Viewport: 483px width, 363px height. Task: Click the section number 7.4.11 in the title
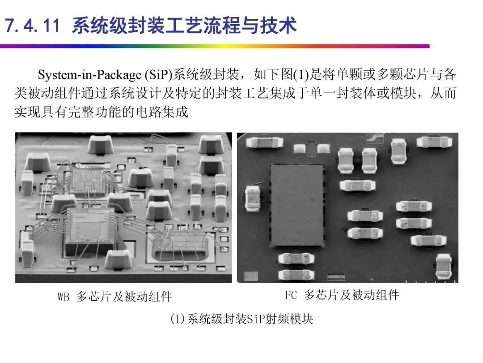click(x=32, y=25)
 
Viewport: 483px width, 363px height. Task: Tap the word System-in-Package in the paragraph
click(x=89, y=75)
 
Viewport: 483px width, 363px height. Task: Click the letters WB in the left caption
click(x=63, y=297)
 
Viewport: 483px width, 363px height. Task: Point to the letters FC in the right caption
click(x=291, y=295)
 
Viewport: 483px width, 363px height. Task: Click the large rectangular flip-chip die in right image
click(x=297, y=205)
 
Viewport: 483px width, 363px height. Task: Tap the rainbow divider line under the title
click(x=215, y=46)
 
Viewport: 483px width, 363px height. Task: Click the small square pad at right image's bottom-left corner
click(x=251, y=276)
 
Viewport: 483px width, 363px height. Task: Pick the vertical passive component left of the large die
click(x=253, y=198)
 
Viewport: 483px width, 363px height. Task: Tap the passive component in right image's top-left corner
click(x=265, y=142)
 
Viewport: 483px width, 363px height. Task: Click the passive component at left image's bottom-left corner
click(x=27, y=258)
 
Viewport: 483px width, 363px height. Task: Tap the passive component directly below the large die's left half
click(x=296, y=259)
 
